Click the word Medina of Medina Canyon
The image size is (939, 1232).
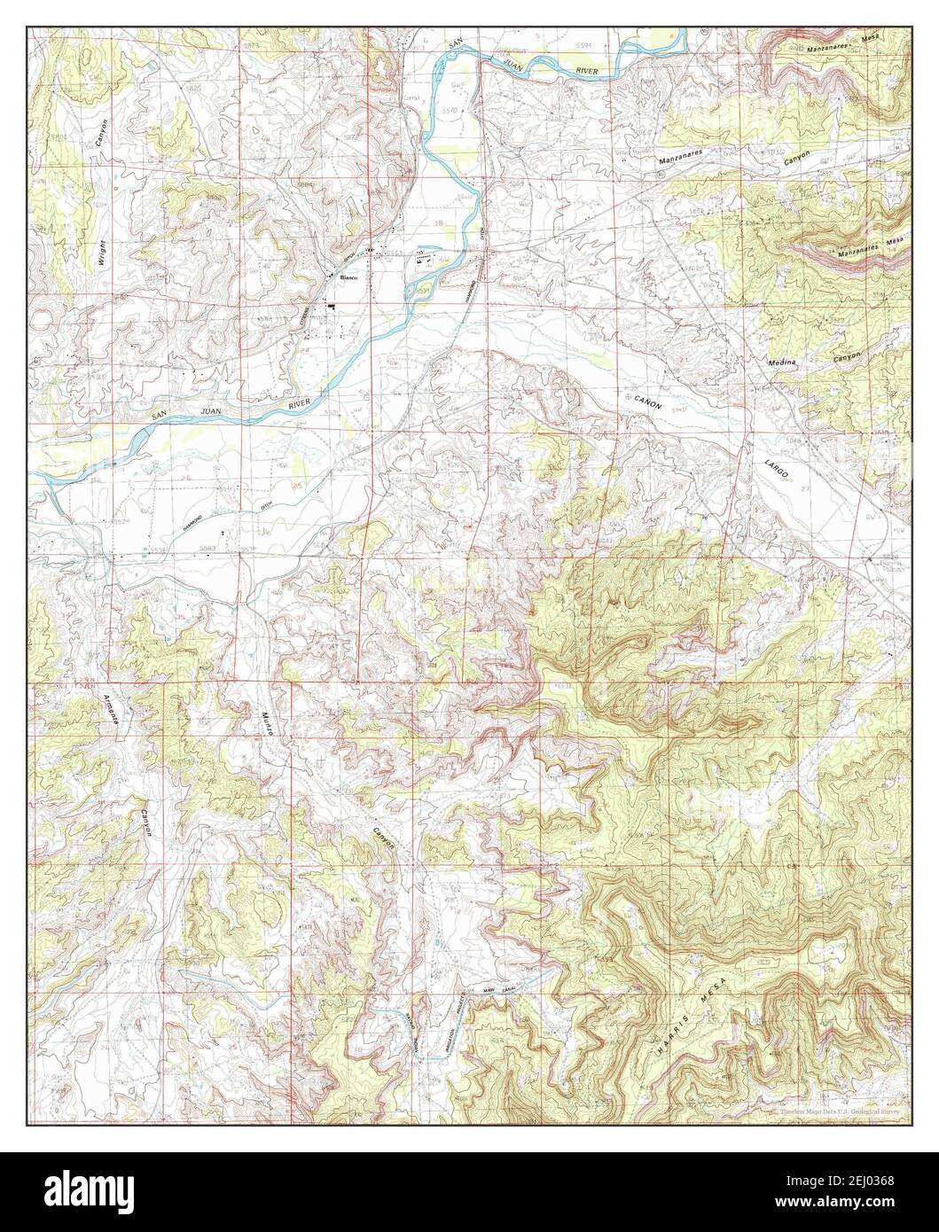click(x=778, y=362)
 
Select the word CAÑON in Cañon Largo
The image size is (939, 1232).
click(x=647, y=402)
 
